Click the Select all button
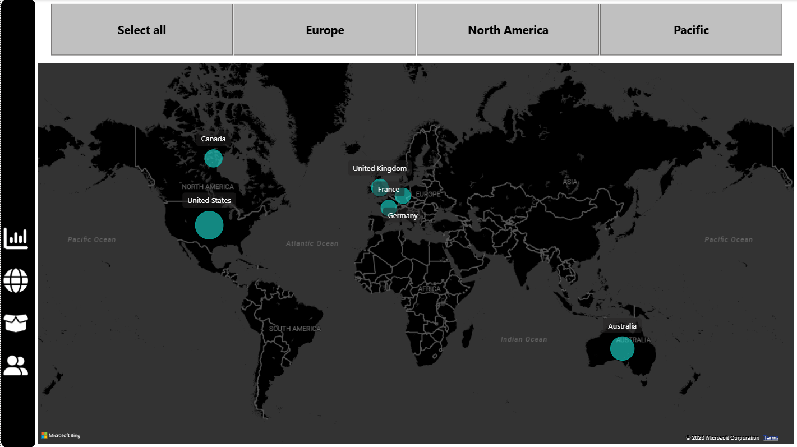[x=142, y=30]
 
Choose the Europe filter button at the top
[x=325, y=30]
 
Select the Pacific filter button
[x=691, y=30]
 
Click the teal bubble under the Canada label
[x=213, y=158]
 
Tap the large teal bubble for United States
[x=209, y=225]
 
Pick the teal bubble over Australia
[x=622, y=348]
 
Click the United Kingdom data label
[x=379, y=169]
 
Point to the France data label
[x=389, y=190]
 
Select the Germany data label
[x=403, y=216]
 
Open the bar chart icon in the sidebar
[x=16, y=238]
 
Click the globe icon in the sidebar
[x=16, y=280]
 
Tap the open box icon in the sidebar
[x=16, y=322]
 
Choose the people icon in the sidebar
[x=16, y=365]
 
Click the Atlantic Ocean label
[x=312, y=243]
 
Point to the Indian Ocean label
[x=523, y=339]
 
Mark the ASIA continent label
[x=570, y=182]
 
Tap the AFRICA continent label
[x=430, y=289]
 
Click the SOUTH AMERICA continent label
[x=294, y=329]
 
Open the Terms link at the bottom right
[x=771, y=437]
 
